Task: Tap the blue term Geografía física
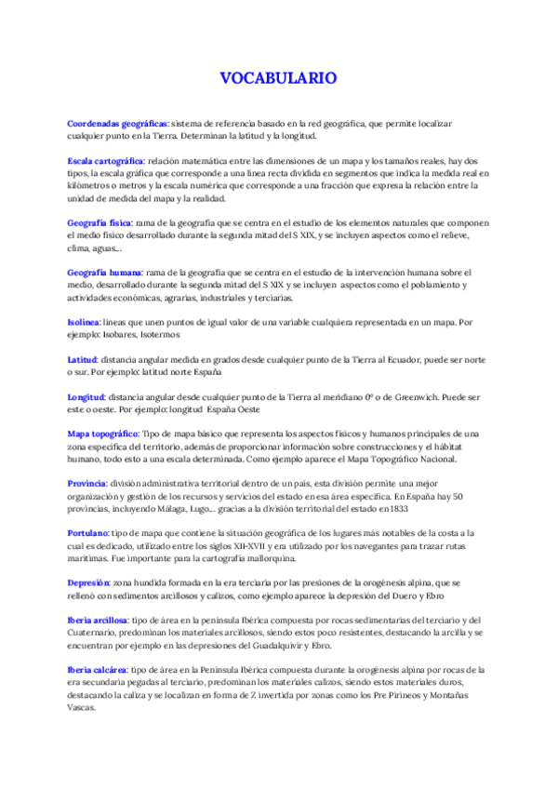coord(100,223)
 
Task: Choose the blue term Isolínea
coord(84,321)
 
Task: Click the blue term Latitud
coord(83,359)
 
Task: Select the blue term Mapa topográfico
coord(103,435)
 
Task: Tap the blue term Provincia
coord(87,483)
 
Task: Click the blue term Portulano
coord(88,532)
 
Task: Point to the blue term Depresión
coord(89,582)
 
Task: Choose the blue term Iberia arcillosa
coord(100,620)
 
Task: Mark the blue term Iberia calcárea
coord(98,669)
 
